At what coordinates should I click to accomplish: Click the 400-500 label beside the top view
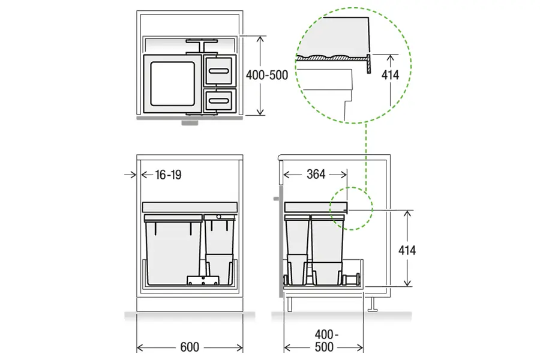[x=267, y=75]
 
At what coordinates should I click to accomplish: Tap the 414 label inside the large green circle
[x=390, y=75]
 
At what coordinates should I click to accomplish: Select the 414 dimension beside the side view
[x=407, y=250]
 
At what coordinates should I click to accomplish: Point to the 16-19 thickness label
[x=168, y=175]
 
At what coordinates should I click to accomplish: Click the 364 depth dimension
[x=316, y=174]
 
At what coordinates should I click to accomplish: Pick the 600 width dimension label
[x=190, y=347]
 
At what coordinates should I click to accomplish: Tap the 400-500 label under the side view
[x=325, y=341]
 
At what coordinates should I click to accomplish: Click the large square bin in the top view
[x=172, y=84]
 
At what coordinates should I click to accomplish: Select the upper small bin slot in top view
[x=219, y=71]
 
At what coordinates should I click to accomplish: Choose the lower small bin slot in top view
[x=219, y=101]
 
